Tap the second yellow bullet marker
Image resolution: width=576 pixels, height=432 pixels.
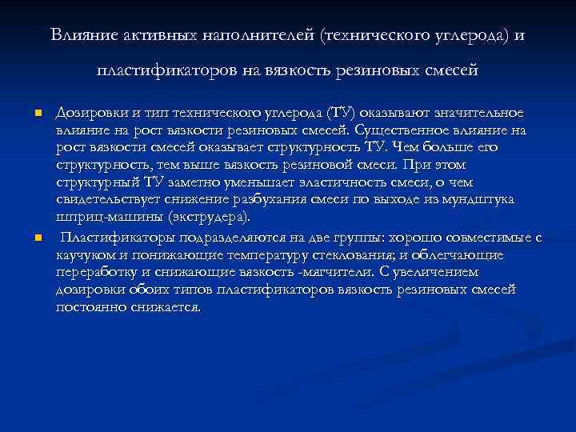click(x=38, y=238)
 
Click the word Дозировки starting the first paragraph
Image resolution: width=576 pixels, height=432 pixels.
click(x=88, y=113)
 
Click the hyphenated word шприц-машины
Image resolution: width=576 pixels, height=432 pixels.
click(x=104, y=216)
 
